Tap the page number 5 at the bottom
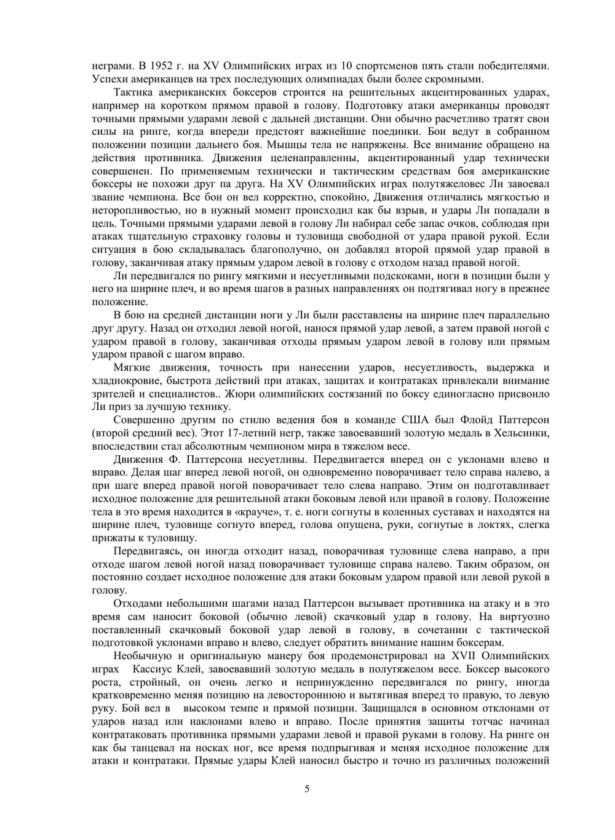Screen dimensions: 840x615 (307, 789)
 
